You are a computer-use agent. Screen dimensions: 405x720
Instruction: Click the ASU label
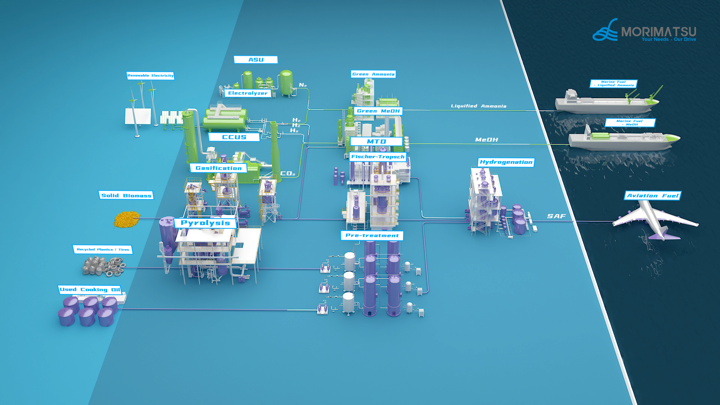256,60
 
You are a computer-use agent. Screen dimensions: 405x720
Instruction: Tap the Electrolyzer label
247,93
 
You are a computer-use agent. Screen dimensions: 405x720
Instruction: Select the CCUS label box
234,137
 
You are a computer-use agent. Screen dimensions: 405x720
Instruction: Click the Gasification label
218,168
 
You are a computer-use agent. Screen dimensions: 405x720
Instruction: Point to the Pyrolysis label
205,223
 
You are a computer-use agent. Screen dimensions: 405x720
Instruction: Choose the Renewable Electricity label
150,76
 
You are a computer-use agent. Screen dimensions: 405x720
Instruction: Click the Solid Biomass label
126,195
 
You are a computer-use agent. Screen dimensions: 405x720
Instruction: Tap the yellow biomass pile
126,219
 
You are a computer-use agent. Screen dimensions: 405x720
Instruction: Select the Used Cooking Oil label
90,289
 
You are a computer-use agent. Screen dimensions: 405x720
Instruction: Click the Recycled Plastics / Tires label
103,249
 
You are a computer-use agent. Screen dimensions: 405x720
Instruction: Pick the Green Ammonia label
373,74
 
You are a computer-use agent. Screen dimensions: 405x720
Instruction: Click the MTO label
376,141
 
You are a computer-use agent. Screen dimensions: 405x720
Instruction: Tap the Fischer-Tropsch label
378,157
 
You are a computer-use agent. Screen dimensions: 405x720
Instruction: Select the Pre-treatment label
372,235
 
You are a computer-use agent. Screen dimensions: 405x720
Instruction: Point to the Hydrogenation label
506,162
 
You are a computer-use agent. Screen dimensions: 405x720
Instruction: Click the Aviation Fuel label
652,195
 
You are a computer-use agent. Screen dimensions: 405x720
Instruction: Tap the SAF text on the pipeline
556,216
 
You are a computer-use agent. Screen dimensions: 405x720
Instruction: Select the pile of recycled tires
114,267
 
